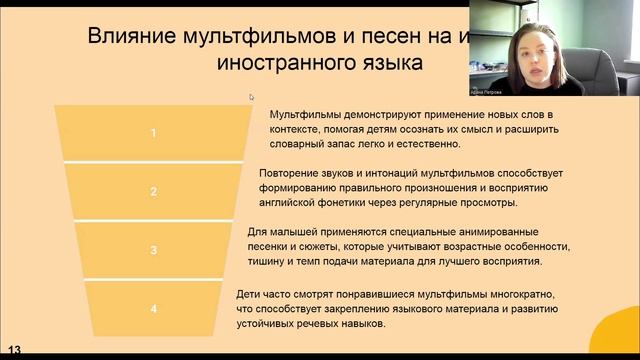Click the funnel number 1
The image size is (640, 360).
click(153, 132)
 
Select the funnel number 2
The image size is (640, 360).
click(153, 191)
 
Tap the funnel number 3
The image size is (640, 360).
click(153, 250)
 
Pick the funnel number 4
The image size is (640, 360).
click(153, 309)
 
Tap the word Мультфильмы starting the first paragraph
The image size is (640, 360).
click(307, 115)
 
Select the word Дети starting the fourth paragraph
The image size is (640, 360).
click(252, 294)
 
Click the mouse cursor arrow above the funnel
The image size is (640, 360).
click(251, 97)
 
